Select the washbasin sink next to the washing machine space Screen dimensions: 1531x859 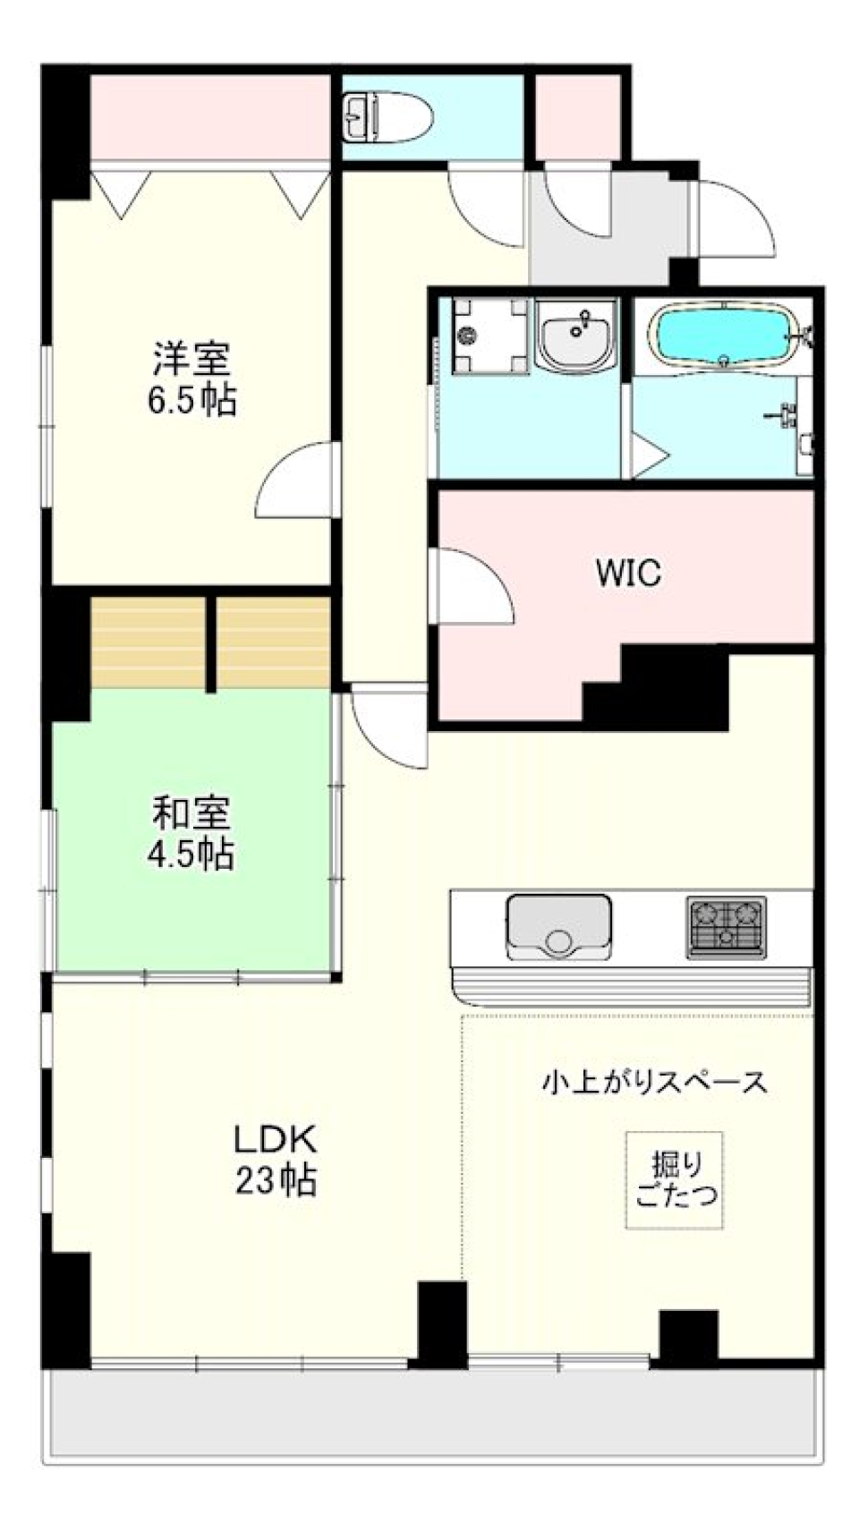[x=576, y=336]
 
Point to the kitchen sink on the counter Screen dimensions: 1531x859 [x=559, y=926]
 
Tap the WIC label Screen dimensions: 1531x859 [x=628, y=573]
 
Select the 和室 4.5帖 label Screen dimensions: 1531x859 [x=191, y=833]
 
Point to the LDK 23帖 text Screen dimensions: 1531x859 [x=276, y=1161]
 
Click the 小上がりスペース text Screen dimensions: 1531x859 [x=654, y=1082]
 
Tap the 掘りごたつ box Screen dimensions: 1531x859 [x=675, y=1179]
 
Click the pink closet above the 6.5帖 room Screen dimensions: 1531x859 [x=210, y=117]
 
